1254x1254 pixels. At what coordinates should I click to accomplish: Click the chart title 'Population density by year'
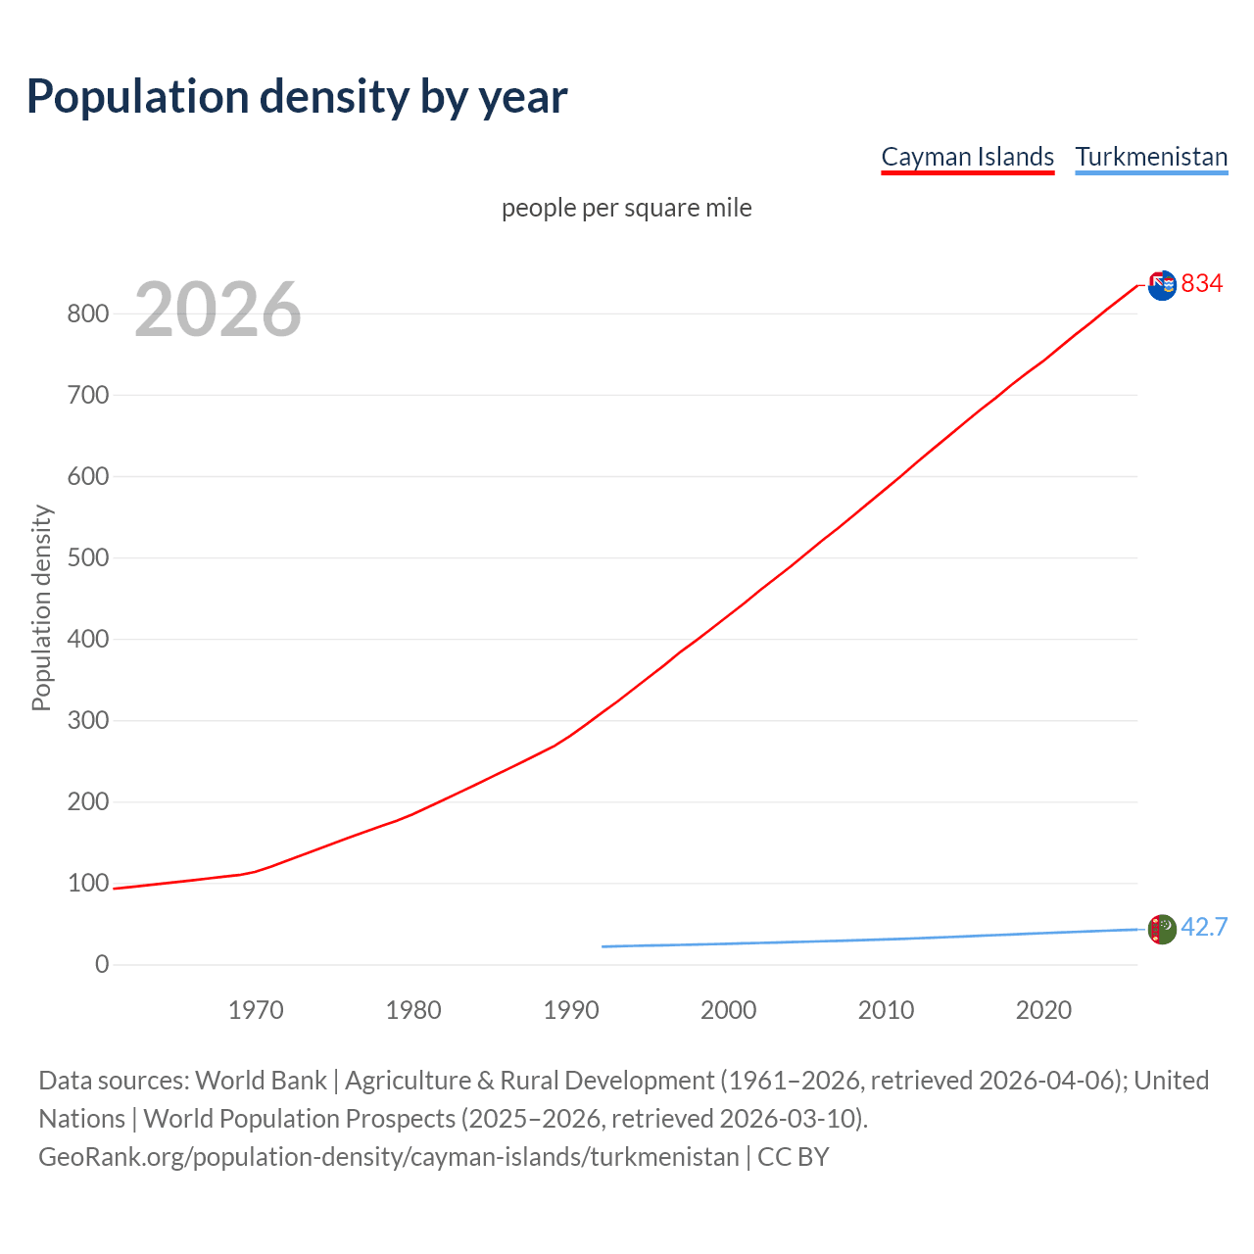click(x=297, y=96)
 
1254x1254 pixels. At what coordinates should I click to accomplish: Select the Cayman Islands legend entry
click(x=967, y=157)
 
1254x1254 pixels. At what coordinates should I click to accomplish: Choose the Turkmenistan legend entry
click(x=1151, y=157)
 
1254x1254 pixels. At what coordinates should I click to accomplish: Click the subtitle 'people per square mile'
click(x=627, y=208)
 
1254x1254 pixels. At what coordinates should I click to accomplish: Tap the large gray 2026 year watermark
click(x=217, y=310)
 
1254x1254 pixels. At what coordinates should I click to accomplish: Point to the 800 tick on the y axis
click(x=87, y=313)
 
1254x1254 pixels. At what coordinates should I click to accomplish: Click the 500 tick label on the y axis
click(x=87, y=557)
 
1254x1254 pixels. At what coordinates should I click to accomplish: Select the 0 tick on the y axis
click(x=102, y=964)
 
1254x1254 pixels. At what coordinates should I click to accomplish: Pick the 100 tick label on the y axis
click(x=87, y=883)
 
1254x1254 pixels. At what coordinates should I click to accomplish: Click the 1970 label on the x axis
click(x=256, y=1010)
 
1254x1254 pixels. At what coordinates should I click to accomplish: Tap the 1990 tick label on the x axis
click(x=571, y=1010)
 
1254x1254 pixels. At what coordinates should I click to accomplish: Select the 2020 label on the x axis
click(x=1043, y=1010)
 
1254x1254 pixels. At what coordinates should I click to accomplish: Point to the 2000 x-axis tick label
click(x=729, y=1010)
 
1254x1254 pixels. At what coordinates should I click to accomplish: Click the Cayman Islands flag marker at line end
click(x=1162, y=285)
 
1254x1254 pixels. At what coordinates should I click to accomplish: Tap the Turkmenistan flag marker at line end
click(x=1162, y=929)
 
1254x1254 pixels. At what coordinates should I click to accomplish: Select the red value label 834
click(x=1202, y=283)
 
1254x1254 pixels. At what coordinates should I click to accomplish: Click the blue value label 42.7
click(x=1204, y=927)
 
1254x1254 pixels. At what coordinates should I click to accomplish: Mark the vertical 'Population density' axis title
click(x=41, y=607)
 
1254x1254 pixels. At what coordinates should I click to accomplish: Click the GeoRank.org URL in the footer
click(x=388, y=1157)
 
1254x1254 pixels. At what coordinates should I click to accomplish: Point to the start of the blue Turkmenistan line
click(x=603, y=946)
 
